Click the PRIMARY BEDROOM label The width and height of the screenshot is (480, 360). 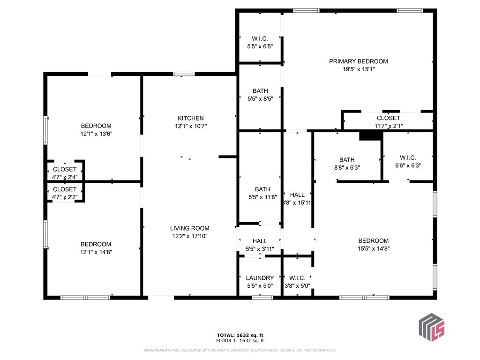[359, 61]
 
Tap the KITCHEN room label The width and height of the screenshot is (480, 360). [191, 118]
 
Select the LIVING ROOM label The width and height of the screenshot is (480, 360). [190, 228]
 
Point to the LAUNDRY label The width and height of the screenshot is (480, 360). [260, 278]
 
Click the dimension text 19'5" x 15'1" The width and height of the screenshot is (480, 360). [359, 69]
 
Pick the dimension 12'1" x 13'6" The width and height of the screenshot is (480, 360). [97, 134]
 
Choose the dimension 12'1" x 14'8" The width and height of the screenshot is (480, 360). [96, 252]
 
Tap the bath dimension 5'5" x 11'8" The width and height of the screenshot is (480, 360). [262, 197]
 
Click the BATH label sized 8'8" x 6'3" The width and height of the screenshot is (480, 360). [347, 160]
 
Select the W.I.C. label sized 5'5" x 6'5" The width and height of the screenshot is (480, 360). [260, 38]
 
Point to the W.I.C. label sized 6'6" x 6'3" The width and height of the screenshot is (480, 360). [408, 157]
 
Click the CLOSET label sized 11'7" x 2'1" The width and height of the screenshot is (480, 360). [389, 118]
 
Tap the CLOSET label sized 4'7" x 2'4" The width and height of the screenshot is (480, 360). [65, 169]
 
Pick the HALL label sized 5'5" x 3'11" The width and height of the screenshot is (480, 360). [260, 241]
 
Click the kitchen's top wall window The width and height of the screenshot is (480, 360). [184, 74]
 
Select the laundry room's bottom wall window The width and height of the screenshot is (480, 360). [262, 298]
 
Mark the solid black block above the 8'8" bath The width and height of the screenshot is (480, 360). [371, 135]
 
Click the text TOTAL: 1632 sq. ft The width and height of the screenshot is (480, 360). [240, 335]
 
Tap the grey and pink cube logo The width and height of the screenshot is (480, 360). [431, 327]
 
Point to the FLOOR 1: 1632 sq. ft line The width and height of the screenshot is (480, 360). [240, 340]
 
